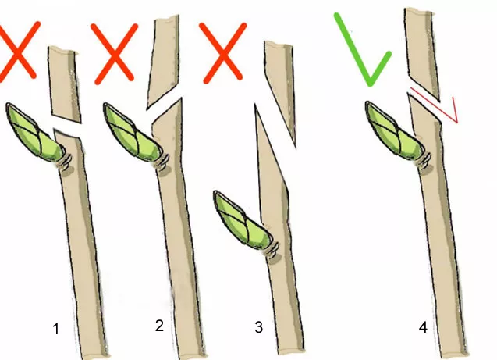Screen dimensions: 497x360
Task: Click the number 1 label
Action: tap(56, 329)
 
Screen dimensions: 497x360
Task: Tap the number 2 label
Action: tap(159, 326)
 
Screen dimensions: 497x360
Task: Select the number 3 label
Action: tap(259, 327)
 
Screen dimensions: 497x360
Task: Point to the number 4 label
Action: tap(423, 327)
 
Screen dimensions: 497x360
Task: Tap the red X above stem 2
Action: tap(114, 53)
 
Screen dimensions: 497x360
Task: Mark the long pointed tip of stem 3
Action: tap(255, 105)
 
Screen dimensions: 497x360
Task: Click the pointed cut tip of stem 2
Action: tap(181, 98)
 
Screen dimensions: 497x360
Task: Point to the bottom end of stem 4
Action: tap(454, 353)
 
